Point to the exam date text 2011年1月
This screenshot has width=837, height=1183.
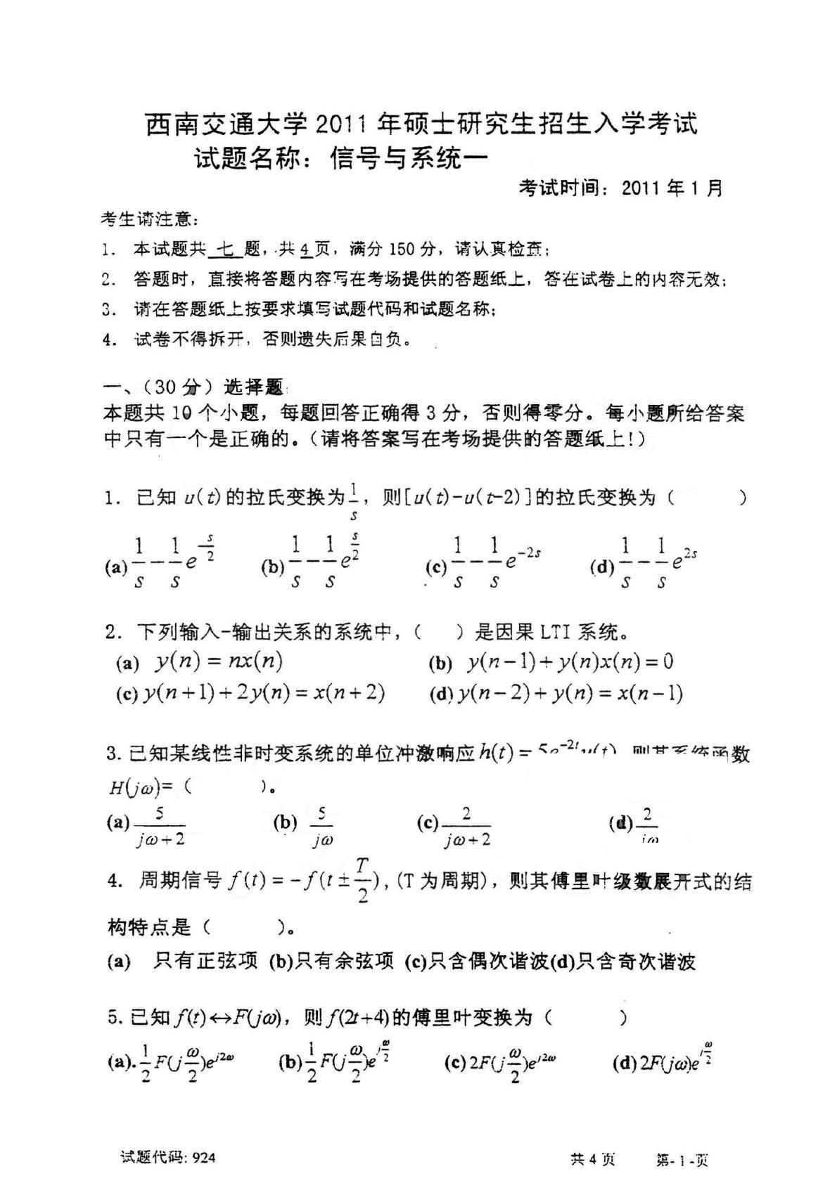[672, 188]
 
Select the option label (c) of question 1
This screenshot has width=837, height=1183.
[436, 567]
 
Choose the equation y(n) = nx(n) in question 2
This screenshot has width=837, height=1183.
[219, 661]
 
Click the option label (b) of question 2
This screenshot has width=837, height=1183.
[440, 663]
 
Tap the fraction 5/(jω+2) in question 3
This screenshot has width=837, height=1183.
[160, 825]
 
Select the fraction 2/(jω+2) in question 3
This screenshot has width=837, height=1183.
[466, 825]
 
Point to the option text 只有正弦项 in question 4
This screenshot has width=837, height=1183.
[205, 961]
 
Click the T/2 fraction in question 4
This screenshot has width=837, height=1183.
[362, 879]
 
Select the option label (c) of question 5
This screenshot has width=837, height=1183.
[455, 1062]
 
